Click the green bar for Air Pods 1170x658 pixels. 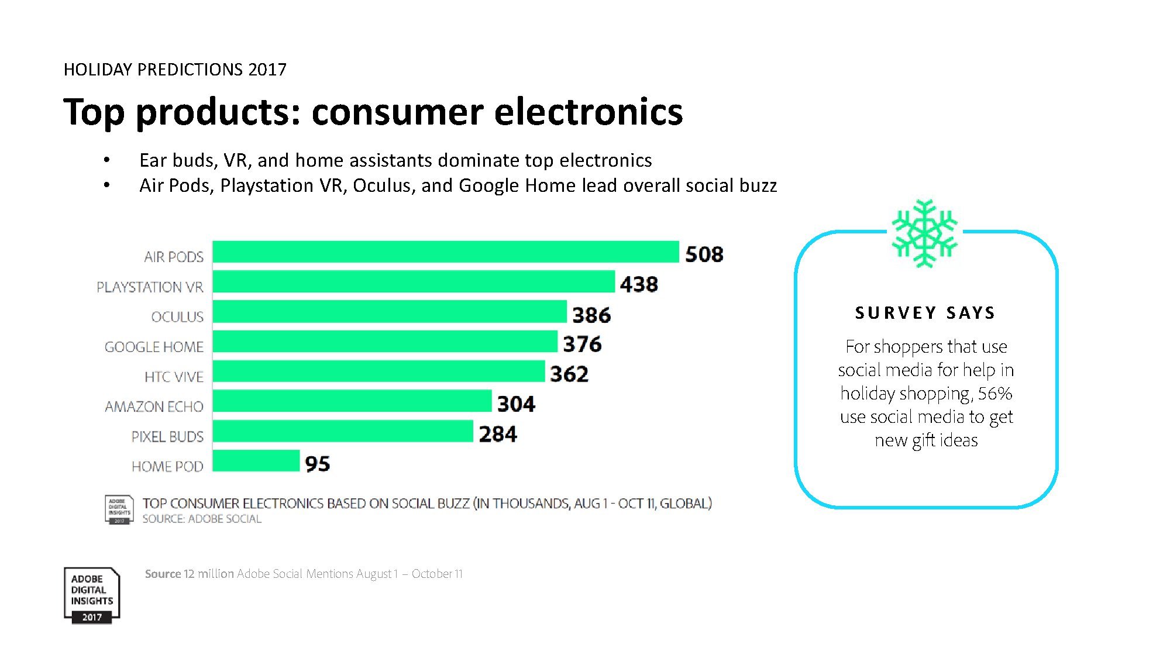445,252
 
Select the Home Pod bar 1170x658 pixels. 256,461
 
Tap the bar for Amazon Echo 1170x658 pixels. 352,401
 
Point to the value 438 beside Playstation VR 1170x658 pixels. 639,284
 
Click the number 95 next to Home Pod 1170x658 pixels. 318,464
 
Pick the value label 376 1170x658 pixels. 582,344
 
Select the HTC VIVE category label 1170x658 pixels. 174,377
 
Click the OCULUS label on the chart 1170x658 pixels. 177,317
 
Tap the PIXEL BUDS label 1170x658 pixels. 167,437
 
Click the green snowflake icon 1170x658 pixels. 924,233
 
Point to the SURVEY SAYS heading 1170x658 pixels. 925,313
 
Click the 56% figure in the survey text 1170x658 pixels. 994,394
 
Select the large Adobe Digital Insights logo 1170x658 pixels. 92,595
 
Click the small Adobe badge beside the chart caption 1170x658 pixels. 119,509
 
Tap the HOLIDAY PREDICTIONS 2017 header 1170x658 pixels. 175,70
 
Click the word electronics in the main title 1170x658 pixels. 589,112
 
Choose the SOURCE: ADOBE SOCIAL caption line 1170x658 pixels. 202,519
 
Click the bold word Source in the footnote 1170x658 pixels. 163,574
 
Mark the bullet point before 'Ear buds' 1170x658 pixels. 106,160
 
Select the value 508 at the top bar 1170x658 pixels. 704,254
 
